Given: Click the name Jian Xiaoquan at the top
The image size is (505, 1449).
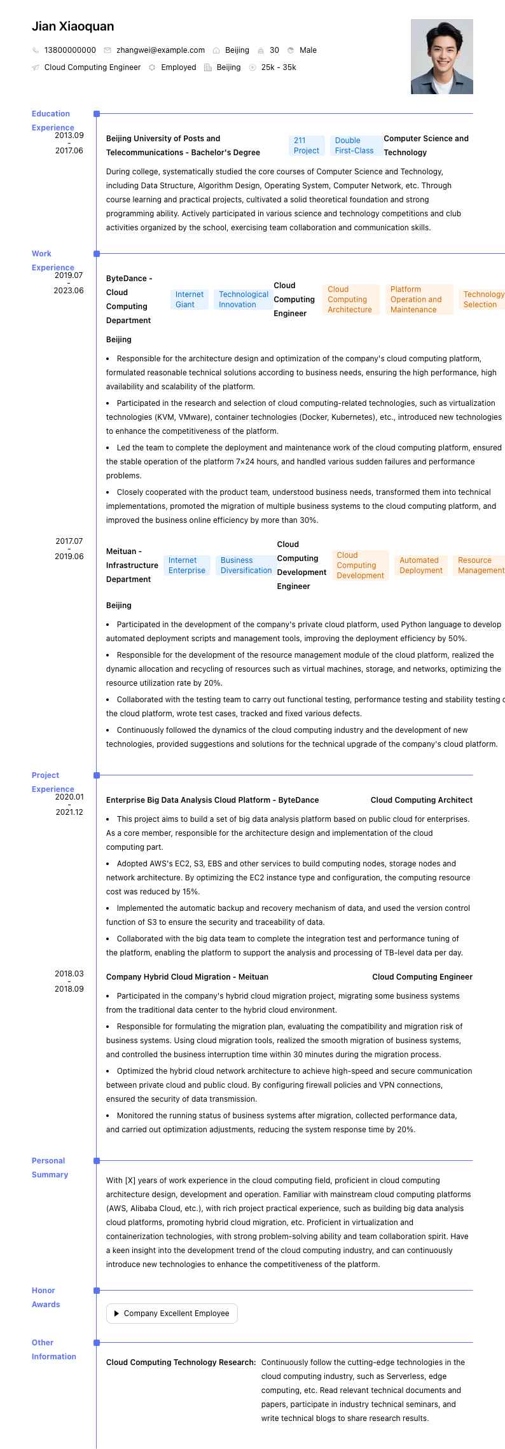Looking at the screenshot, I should coord(73,26).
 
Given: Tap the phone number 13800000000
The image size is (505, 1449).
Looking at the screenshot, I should coord(70,50).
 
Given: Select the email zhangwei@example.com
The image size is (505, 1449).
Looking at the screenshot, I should coord(160,50).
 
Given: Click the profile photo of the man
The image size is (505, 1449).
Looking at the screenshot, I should coord(441,57).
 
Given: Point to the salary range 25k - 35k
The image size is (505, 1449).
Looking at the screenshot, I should coord(279,67).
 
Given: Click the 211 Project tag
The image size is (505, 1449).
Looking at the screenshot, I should coord(307,146).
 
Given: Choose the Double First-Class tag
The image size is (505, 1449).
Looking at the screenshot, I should coord(354,146).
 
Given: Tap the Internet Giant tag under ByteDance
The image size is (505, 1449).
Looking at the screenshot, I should coord(190,300).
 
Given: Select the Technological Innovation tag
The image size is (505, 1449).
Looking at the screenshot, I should coord(244,300).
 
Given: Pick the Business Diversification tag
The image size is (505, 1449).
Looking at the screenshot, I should coord(246,565).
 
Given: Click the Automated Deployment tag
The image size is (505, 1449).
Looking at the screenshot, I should coord(420,565).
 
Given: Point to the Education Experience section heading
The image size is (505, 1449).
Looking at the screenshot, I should coord(52,121).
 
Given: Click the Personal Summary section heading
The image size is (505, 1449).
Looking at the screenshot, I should coord(50,1168).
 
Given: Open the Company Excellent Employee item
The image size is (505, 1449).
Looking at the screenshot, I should coord(172,1314).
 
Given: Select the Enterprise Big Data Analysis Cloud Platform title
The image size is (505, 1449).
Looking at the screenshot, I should coord(212,800).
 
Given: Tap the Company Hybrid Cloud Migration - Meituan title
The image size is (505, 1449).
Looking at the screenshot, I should coord(187,977).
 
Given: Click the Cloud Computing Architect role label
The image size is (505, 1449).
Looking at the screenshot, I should coord(422,800).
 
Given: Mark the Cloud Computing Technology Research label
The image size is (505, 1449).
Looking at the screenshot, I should coord(181,1362).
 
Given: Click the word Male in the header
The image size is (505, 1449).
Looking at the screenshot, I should coord(308,50).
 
